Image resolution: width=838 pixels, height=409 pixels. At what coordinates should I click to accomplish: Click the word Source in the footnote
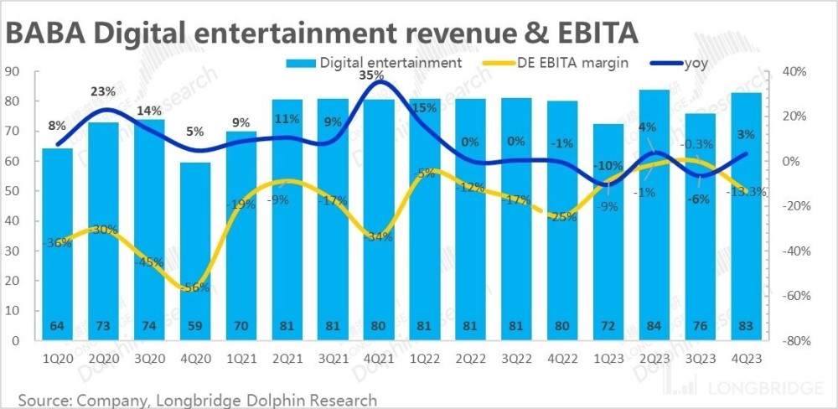46,399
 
